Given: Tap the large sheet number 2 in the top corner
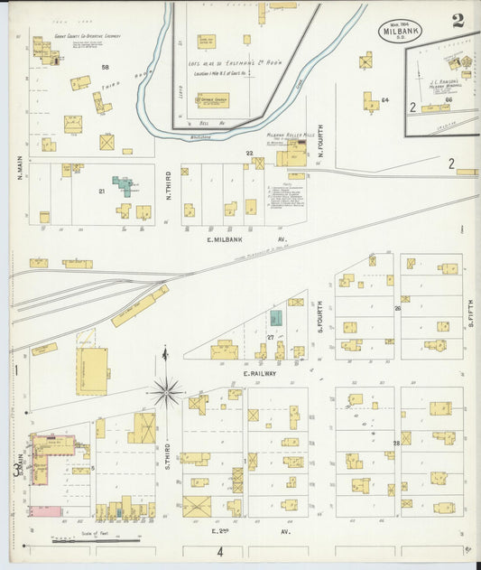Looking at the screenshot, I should click(x=458, y=20).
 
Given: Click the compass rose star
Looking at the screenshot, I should click(x=166, y=392).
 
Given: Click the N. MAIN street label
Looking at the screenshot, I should click(x=19, y=166).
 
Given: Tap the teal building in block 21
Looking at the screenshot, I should click(x=124, y=185).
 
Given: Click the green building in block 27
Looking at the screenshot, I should click(x=276, y=318).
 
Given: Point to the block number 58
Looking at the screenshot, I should click(x=105, y=68).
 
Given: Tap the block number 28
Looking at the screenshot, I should click(x=395, y=444).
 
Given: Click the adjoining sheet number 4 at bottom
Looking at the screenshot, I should click(x=218, y=551).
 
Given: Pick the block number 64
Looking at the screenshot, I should click(x=384, y=99).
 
